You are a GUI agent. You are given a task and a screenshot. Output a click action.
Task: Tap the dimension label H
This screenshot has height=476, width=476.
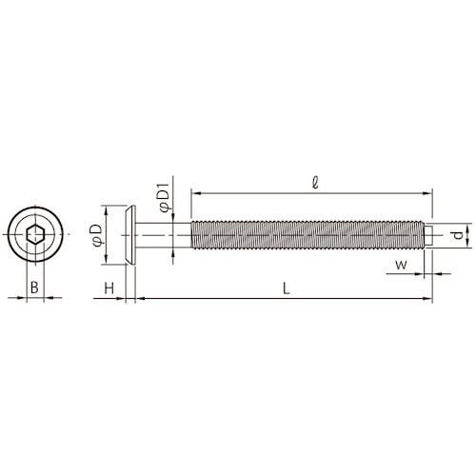click(109, 287)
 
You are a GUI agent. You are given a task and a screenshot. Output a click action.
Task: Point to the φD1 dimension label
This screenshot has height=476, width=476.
click(162, 194)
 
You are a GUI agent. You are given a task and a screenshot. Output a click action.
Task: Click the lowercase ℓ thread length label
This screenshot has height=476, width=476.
click(314, 181)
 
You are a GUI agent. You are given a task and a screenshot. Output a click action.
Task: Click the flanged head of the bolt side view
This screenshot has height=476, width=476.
click(131, 234)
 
